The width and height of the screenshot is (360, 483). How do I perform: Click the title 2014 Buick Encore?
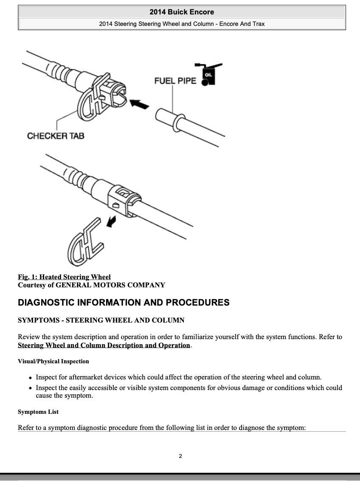(182, 12)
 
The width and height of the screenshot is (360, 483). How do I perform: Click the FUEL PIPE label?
(175, 80)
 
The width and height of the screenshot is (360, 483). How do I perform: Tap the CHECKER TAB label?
(56, 136)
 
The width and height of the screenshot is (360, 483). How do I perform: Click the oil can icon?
(208, 74)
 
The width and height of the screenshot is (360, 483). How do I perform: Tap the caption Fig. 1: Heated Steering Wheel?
(64, 277)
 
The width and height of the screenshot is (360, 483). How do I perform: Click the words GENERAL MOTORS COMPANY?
(110, 285)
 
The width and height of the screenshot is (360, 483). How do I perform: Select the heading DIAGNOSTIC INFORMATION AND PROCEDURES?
(124, 303)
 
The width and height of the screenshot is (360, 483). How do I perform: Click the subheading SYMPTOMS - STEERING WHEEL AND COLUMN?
(101, 320)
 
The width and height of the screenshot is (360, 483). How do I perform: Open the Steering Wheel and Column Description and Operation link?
(104, 345)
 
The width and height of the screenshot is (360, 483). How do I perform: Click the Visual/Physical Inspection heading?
(53, 362)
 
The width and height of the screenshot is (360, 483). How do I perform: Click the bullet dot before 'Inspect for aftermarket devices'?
(30, 378)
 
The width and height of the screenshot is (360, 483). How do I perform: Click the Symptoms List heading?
(38, 412)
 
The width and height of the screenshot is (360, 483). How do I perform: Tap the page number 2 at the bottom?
(180, 456)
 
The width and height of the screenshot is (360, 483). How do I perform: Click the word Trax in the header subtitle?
(259, 24)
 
